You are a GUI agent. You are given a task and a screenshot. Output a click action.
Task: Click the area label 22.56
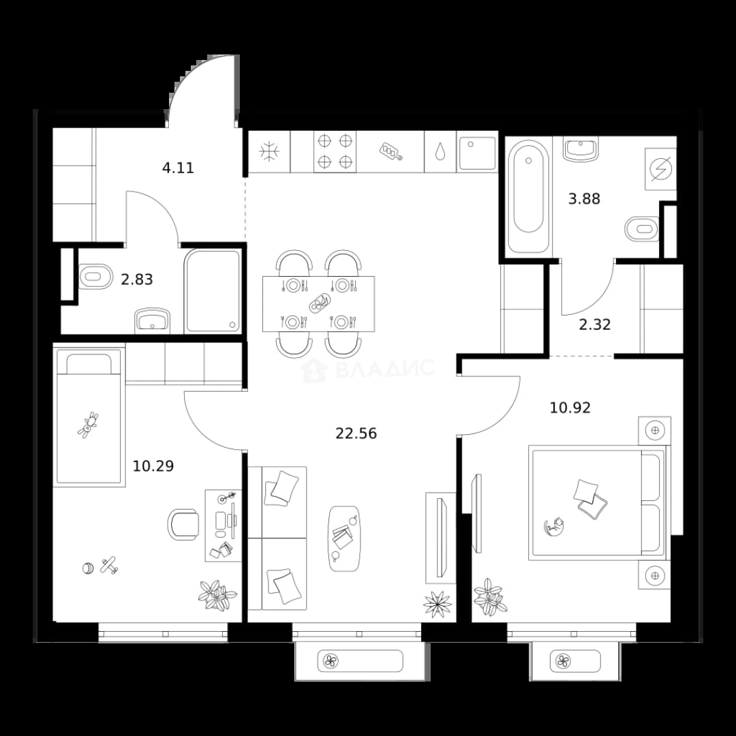coord(356,433)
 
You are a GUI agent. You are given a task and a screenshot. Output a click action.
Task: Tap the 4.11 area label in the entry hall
coord(178,168)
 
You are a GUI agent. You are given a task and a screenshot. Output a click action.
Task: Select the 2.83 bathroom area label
coord(136,280)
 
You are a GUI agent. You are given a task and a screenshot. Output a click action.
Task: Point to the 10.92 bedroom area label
coord(570,408)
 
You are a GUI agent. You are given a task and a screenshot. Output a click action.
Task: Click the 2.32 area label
coord(595,324)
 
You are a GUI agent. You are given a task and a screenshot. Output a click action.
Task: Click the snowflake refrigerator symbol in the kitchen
coord(269,151)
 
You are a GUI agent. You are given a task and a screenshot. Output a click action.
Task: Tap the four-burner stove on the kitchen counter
coord(335,151)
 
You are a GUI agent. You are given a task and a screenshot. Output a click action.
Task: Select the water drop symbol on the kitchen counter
coord(440,151)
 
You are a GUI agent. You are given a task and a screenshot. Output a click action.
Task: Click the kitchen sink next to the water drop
coord(477,153)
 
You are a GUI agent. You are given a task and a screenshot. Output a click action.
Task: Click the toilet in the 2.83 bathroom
coord(96,276)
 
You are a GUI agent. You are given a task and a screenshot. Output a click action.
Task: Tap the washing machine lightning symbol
coord(660,168)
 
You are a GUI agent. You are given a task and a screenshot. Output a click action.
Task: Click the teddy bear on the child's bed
coord(88,425)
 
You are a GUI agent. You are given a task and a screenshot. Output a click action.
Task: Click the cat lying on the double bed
coord(554,525)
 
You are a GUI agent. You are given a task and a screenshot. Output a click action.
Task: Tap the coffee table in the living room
coord(344,538)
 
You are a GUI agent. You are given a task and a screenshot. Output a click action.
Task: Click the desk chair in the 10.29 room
coord(183,524)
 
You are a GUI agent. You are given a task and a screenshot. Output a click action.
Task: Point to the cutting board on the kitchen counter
coord(391,151)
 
